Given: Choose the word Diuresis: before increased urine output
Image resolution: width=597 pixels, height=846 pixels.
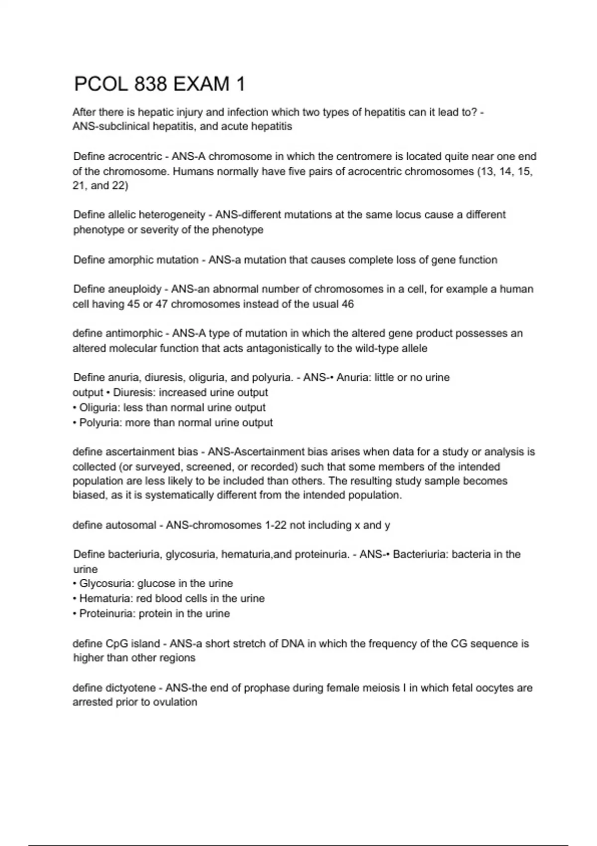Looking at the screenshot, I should tap(134, 393).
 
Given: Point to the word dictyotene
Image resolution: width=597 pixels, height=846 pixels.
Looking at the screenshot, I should tap(131, 688).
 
